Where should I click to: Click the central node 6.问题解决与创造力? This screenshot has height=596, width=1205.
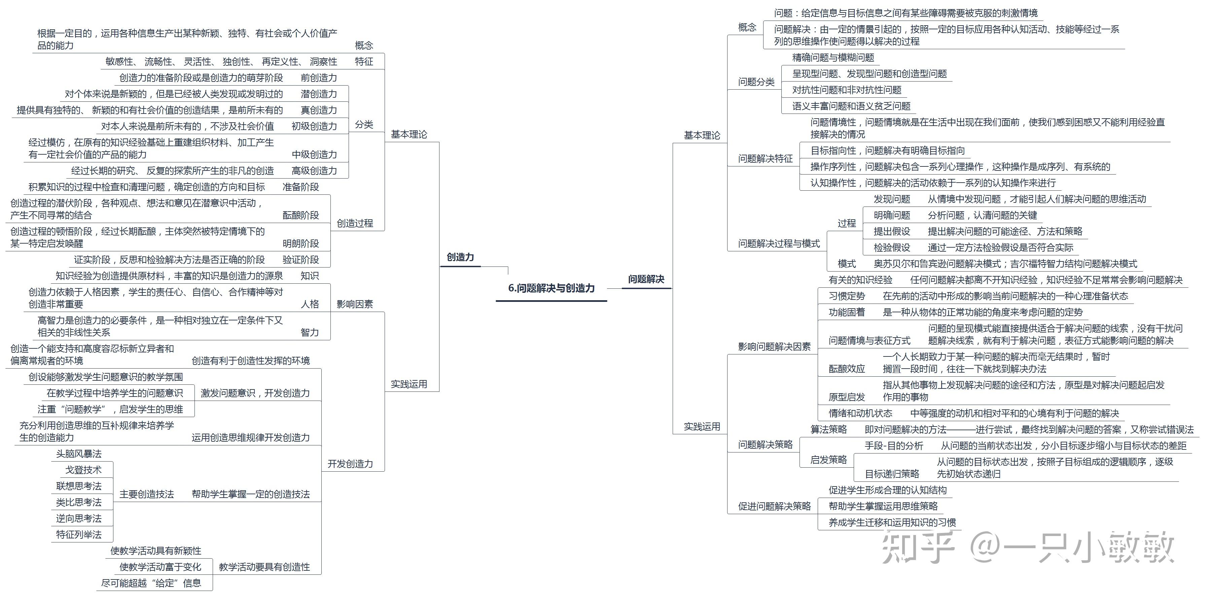point(551,288)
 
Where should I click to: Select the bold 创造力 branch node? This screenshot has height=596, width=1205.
point(460,257)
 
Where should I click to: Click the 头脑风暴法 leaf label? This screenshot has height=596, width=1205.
point(79,454)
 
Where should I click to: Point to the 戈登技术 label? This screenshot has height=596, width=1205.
point(83,470)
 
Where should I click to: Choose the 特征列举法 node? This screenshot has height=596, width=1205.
point(79,535)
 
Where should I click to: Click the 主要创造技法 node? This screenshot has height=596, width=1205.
point(146,494)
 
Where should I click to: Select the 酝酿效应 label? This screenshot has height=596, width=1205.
point(847,369)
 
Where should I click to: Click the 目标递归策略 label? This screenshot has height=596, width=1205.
point(892,474)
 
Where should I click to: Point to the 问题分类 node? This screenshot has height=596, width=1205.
point(756,82)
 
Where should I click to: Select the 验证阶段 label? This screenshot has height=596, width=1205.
point(300,260)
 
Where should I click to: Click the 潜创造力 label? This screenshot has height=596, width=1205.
point(319,94)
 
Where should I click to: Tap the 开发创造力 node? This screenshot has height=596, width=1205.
point(350,464)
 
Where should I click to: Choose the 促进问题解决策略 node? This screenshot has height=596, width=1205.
point(774,506)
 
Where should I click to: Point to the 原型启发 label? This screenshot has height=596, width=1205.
point(847,397)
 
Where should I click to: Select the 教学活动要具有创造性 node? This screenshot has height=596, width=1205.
point(264,567)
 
